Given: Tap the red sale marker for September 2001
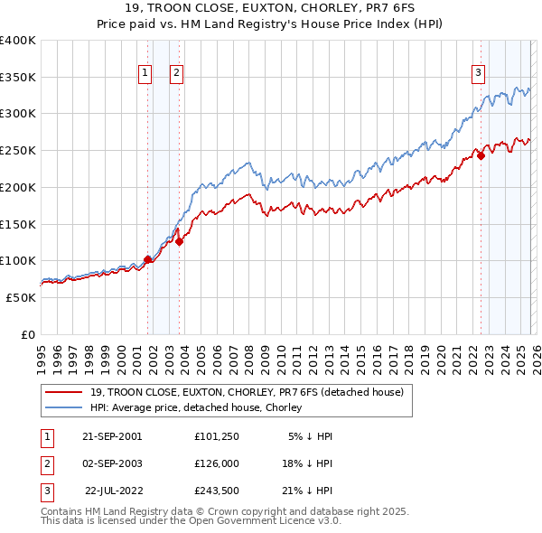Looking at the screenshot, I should [x=147, y=259].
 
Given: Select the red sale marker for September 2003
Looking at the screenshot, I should [x=179, y=241].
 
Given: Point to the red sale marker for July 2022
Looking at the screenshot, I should [x=481, y=155].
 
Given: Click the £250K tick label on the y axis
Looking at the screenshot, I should [x=17, y=151].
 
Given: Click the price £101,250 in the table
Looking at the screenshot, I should [x=216, y=435].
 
